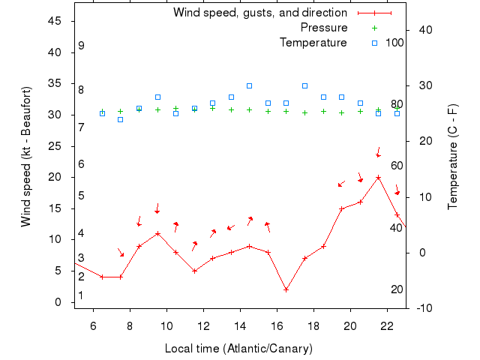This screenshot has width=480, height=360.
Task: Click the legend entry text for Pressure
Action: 323,28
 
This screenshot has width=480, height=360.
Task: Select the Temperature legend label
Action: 313,43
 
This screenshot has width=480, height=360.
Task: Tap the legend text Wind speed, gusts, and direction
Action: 259,13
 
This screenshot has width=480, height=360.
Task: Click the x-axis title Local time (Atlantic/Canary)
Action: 238,349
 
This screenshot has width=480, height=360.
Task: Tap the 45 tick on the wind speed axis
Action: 54,21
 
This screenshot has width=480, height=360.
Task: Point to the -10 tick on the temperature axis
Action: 423,308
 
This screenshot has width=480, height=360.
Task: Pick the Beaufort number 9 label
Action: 81,46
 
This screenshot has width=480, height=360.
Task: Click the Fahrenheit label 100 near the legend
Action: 394,43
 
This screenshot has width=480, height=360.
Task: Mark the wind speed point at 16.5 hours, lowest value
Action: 286,289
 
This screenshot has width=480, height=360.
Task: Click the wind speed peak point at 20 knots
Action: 379,177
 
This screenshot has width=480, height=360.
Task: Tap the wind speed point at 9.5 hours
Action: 157,233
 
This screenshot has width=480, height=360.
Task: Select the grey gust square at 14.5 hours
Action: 250,85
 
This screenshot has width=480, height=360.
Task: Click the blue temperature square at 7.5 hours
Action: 121,119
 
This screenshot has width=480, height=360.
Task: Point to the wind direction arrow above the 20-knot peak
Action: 379,152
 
